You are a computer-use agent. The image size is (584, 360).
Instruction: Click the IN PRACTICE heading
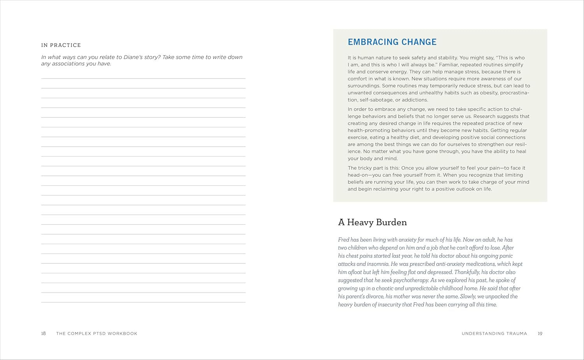click(61, 45)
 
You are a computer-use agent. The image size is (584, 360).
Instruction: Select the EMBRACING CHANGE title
click(392, 42)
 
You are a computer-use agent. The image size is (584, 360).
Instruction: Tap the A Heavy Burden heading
click(372, 222)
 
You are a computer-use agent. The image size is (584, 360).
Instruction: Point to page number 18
click(44, 334)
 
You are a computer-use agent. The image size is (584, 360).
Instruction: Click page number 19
click(540, 334)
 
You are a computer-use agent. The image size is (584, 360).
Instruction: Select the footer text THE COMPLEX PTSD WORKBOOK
click(97, 334)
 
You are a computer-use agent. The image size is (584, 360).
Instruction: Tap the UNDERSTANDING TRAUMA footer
click(494, 334)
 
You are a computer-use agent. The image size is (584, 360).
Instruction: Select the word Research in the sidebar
click(485, 116)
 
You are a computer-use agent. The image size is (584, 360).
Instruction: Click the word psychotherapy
click(411, 280)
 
